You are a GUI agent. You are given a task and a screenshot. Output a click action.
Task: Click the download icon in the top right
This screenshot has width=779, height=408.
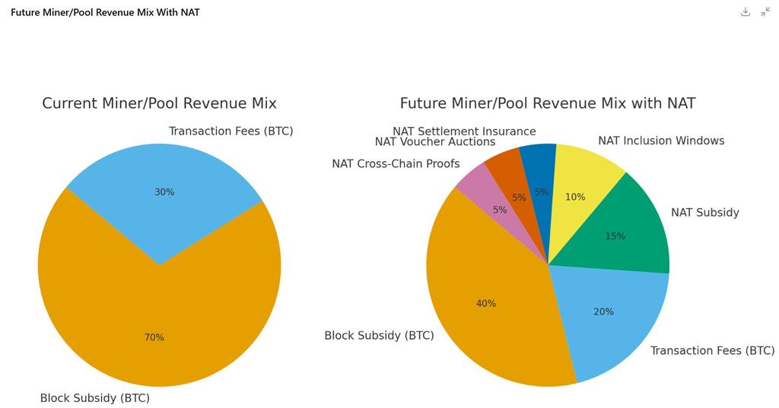[746, 12]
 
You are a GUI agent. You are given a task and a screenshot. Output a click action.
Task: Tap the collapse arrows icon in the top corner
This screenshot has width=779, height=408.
[765, 12]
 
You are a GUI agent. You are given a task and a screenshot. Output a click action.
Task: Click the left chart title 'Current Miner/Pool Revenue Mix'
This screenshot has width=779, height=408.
[159, 103]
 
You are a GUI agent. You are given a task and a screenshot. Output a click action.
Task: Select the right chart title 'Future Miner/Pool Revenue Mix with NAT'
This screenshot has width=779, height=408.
[548, 103]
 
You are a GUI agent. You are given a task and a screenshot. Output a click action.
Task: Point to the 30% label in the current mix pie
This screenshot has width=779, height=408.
[164, 192]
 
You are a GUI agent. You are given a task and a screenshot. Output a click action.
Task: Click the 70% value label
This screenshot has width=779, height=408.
[154, 337]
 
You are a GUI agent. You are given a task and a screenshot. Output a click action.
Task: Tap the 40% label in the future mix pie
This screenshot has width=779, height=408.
[486, 303]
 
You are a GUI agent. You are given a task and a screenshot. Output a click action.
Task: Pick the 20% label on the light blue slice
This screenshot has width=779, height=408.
[603, 312]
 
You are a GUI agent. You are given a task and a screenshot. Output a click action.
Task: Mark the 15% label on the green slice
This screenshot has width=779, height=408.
[615, 236]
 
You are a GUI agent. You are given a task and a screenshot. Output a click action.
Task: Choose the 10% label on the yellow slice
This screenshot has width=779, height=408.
[575, 197]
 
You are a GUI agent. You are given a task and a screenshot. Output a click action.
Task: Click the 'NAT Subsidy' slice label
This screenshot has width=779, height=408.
[704, 213]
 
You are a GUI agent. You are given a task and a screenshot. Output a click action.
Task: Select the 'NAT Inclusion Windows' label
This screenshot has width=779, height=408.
[661, 141]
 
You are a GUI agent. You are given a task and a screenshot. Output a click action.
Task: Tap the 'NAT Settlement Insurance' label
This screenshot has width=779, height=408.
[464, 131]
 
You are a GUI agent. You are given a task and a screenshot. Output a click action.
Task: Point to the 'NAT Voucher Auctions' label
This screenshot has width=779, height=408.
[435, 142]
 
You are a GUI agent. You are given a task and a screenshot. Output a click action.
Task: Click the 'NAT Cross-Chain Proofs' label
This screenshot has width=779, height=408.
[396, 164]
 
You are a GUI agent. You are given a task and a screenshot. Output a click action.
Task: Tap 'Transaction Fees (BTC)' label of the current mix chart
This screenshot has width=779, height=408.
[231, 131]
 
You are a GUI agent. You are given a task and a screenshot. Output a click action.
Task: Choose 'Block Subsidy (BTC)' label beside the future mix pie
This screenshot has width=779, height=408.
[379, 335]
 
